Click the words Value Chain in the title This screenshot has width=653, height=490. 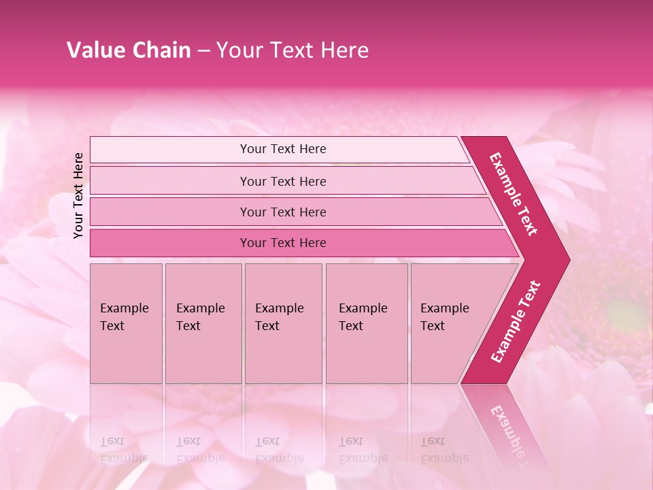point(129,50)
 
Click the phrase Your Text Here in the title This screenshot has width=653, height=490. point(292,50)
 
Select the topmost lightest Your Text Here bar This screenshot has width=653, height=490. point(282,149)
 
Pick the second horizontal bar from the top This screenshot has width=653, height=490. point(282,181)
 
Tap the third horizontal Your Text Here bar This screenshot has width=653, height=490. point(282,212)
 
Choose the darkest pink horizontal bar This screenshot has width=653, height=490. point(282,243)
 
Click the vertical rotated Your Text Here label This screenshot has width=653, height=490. point(78,195)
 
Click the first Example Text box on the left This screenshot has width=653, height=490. point(126,323)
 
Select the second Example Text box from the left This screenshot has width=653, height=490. point(203,323)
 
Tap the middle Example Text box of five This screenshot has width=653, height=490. point(283,323)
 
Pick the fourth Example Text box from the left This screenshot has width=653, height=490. point(366,323)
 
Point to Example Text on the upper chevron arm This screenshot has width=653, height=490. point(514,194)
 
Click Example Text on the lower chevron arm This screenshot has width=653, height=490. point(516,321)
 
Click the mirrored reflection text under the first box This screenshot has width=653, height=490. point(124,450)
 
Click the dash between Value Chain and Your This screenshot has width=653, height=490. point(203,51)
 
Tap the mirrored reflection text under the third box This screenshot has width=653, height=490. point(279,450)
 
